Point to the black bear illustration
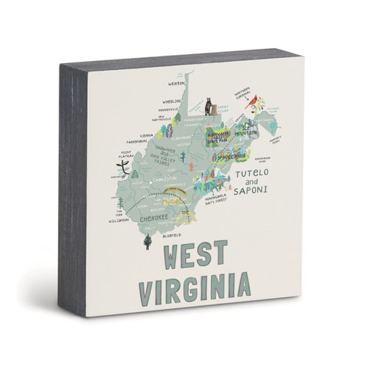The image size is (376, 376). (208, 108)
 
